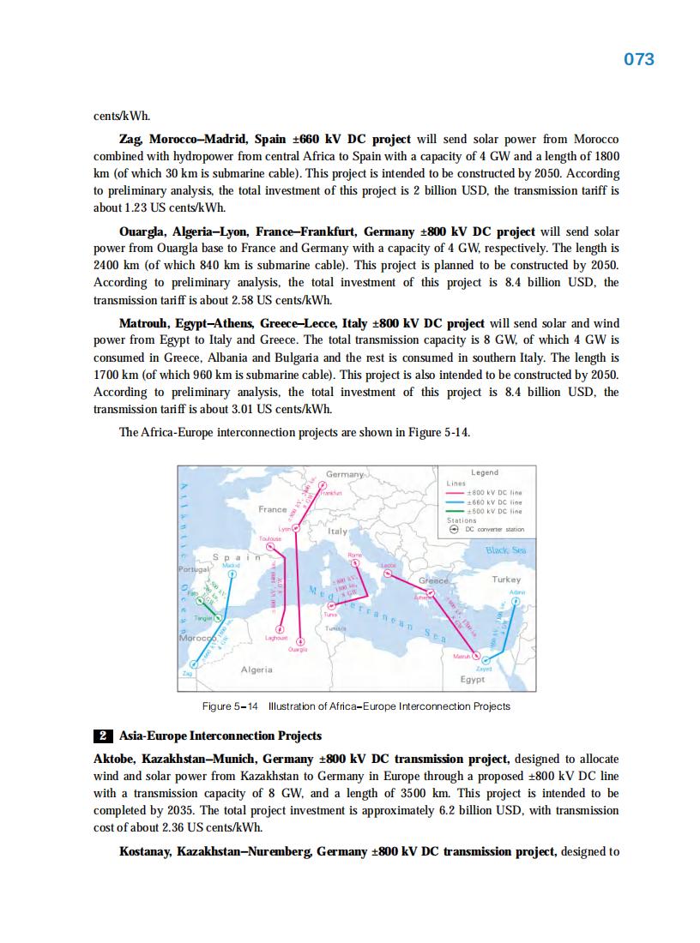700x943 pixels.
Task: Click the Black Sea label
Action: coord(506,550)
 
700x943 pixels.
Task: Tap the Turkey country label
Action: coord(506,580)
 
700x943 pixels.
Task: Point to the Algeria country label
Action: coord(256,669)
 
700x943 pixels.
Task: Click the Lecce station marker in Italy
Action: coord(387,574)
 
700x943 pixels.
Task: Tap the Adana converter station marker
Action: coord(516,601)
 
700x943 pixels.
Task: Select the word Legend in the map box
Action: coord(485,472)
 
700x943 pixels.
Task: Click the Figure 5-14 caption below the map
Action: coord(356,706)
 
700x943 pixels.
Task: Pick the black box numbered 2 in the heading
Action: coord(102,736)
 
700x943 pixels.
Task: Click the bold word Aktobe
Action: coord(115,760)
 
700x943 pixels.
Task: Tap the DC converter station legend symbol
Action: coord(456,530)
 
